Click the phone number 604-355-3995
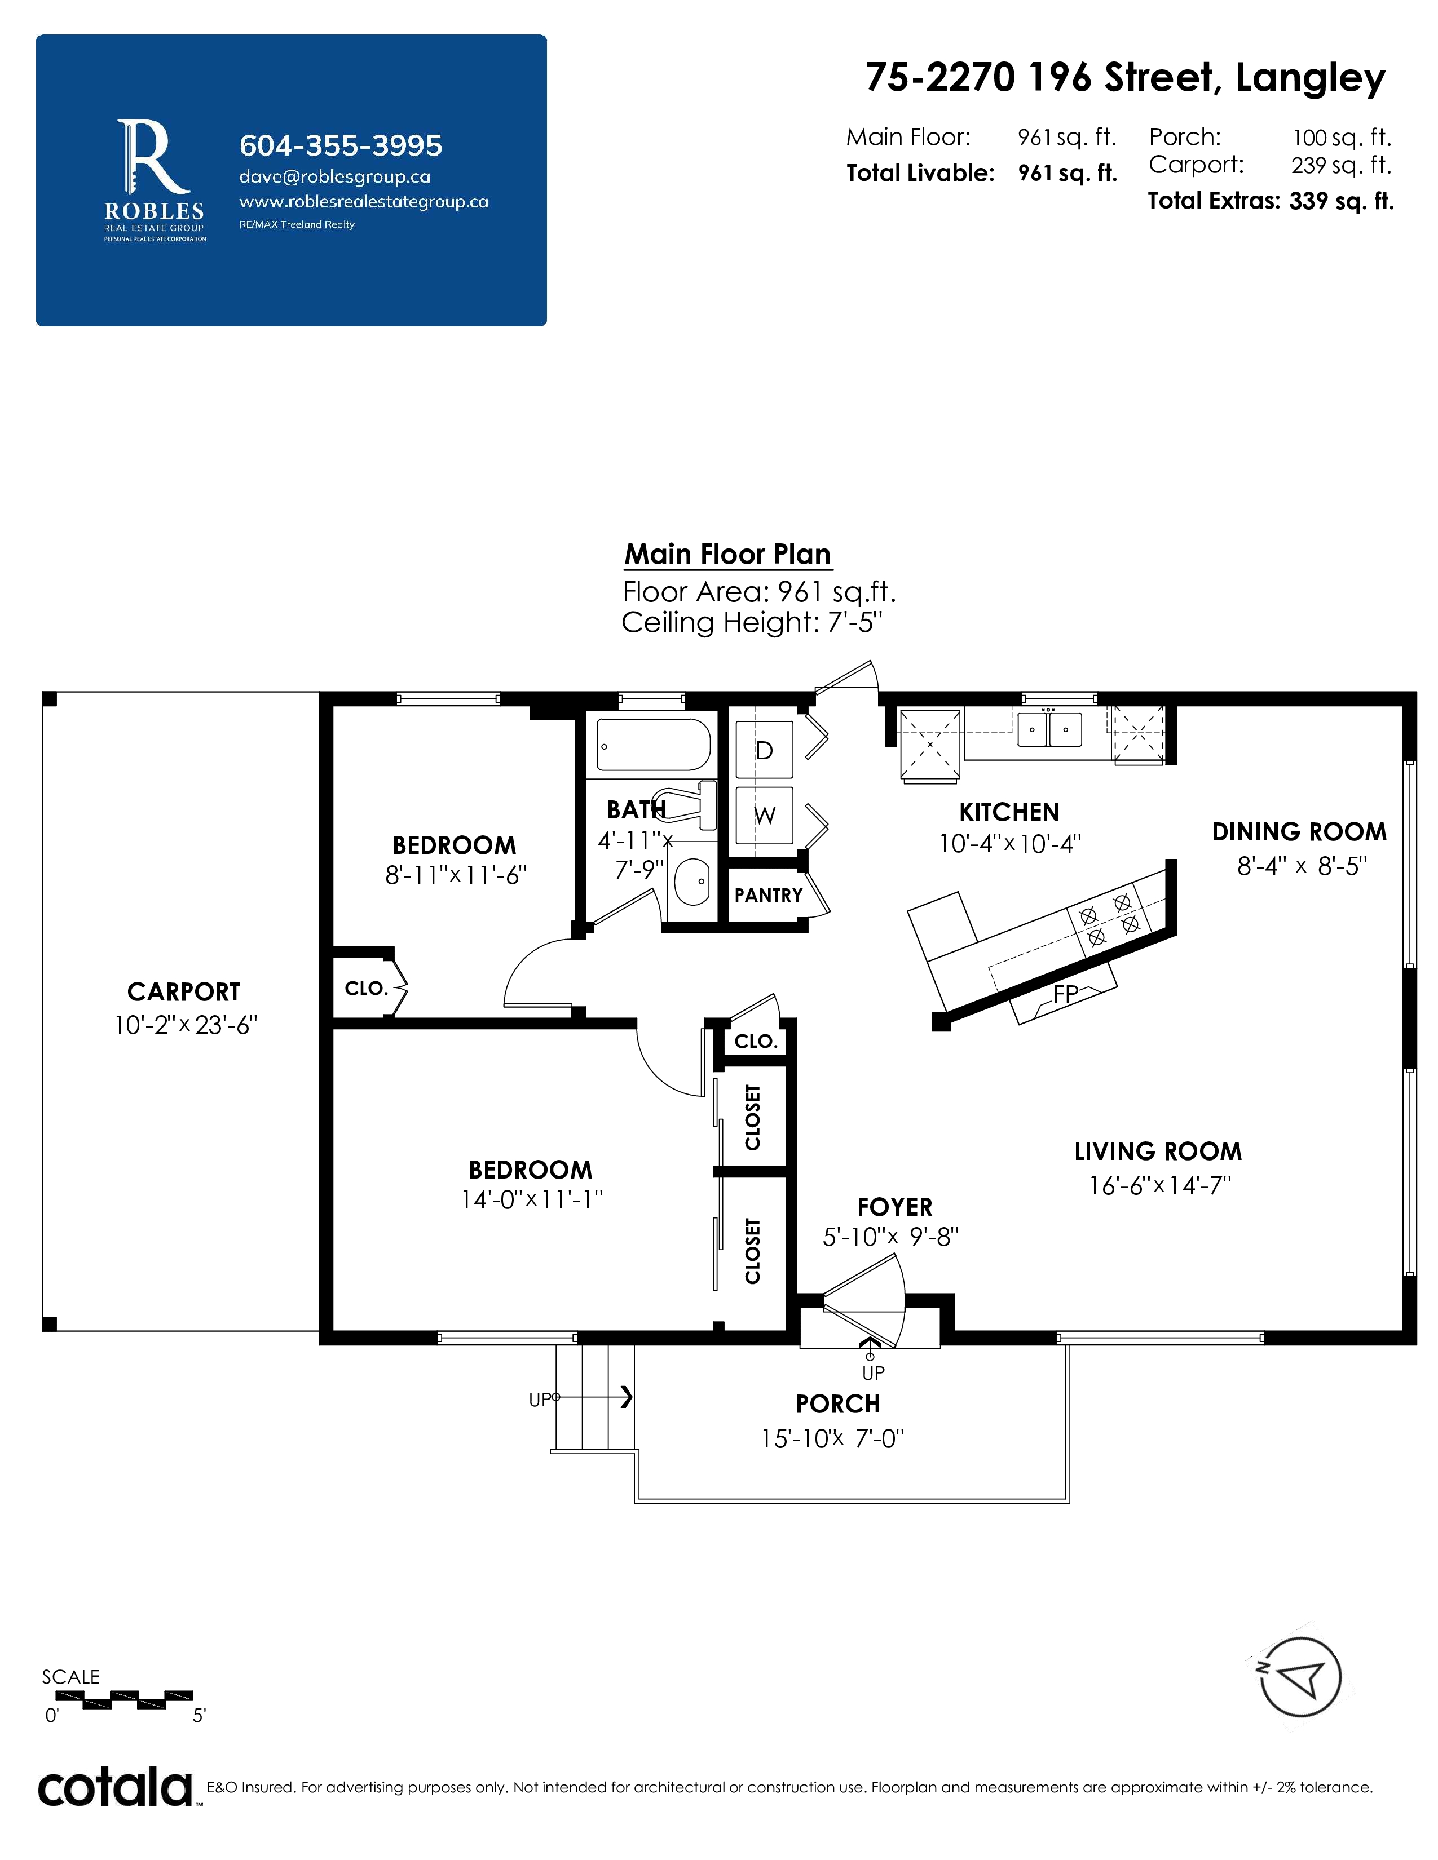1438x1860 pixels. point(341,145)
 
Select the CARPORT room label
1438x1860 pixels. point(184,992)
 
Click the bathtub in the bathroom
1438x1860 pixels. point(654,745)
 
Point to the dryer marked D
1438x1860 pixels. point(764,750)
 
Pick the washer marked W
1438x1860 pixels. point(764,815)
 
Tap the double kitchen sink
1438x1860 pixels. point(1049,730)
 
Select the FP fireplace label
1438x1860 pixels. point(1066,993)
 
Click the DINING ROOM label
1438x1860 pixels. point(1299,832)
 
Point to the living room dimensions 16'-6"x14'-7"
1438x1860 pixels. point(1161,1185)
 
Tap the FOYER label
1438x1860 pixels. point(894,1208)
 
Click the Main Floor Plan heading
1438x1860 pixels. point(727,555)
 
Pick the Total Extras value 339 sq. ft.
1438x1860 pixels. point(1342,201)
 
